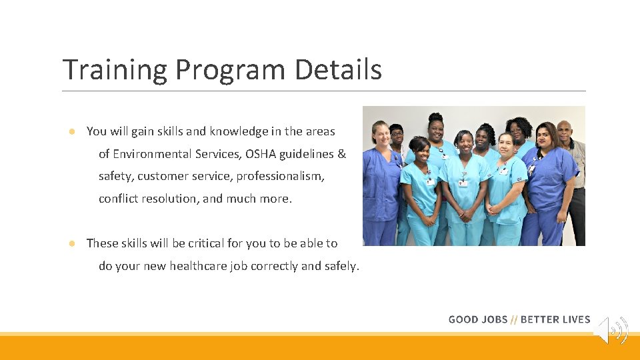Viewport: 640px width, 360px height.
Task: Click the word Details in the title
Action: coord(339,70)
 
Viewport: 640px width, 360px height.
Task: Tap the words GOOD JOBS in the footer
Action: coord(477,319)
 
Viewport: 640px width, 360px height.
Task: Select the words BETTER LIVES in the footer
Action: coord(555,319)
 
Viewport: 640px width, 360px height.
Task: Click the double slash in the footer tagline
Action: coord(514,319)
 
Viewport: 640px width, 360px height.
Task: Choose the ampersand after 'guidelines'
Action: coord(342,154)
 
